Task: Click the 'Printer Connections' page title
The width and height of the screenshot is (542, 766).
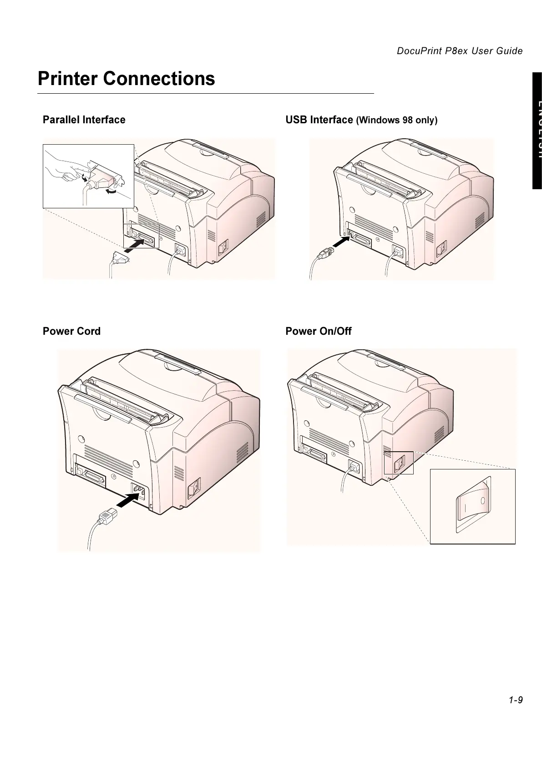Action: coord(126,79)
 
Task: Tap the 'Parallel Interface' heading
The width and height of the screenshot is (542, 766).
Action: coord(84,120)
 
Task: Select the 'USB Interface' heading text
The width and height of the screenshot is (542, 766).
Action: coord(319,120)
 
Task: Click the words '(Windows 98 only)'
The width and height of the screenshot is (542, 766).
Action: coord(396,121)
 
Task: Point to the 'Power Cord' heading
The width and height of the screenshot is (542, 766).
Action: coord(71,331)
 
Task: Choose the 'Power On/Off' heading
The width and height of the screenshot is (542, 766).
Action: coord(318,331)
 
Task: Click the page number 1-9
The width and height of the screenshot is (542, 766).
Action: coord(516,700)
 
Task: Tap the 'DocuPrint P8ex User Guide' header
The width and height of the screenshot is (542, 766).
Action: coord(459,51)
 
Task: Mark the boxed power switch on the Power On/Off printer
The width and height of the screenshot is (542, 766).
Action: coord(399,463)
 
